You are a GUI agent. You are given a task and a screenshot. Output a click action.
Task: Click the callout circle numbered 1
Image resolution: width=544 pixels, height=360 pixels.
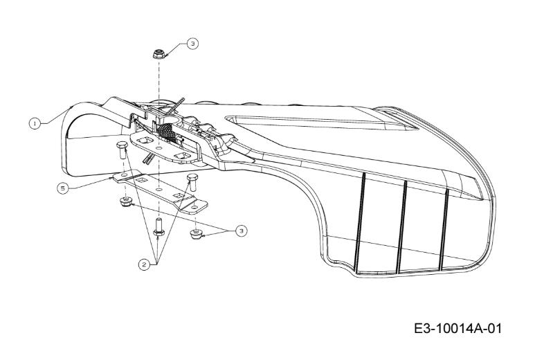tap(35, 123)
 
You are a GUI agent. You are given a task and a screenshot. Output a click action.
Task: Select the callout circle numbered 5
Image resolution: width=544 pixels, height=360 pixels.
tap(63, 188)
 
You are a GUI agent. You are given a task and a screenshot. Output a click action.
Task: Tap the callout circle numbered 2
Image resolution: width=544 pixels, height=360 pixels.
tap(144, 265)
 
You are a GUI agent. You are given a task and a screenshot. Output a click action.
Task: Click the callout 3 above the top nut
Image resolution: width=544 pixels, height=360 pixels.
tap(193, 44)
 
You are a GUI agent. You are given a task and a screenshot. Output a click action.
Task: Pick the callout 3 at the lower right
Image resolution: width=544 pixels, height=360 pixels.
tap(242, 231)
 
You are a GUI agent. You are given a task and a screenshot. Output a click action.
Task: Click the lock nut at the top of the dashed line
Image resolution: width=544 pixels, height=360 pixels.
tap(158, 54)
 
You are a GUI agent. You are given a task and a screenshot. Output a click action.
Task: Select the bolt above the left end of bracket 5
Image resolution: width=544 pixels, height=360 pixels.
tap(122, 150)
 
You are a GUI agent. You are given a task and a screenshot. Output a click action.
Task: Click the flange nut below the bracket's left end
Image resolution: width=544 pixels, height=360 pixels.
tap(125, 201)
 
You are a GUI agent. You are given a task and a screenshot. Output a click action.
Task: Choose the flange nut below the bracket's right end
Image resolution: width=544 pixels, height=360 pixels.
tap(197, 233)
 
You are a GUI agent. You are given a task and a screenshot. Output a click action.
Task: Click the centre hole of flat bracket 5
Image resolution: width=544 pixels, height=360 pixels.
tap(158, 190)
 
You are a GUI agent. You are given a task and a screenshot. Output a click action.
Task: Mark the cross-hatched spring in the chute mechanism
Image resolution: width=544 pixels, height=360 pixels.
tap(167, 133)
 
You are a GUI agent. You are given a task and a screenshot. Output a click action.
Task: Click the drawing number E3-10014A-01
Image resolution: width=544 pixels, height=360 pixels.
tap(458, 328)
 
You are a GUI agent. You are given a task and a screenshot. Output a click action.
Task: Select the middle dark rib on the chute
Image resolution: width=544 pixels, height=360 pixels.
tap(401, 226)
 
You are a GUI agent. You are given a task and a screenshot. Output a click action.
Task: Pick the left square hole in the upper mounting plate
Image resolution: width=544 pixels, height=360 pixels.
tap(143, 141)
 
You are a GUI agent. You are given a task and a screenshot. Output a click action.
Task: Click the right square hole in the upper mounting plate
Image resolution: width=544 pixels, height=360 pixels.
tap(182, 156)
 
